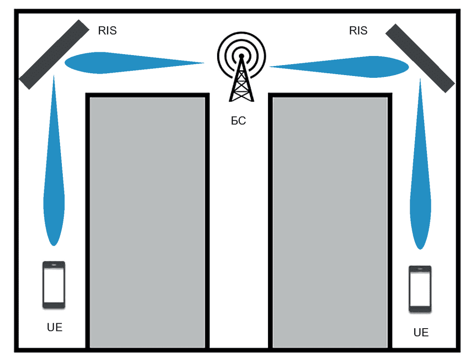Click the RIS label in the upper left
[107, 30]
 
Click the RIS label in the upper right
[358, 30]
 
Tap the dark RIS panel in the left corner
[54, 55]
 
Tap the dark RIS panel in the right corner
[420, 58]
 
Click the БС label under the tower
[238, 121]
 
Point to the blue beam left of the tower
[134, 63]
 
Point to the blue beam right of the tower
[339, 67]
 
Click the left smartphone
[54, 285]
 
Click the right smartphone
[420, 289]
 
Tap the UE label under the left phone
[55, 327]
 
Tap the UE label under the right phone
[421, 332]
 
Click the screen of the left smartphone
[54, 285]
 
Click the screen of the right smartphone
[420, 289]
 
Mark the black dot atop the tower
[242, 56]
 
